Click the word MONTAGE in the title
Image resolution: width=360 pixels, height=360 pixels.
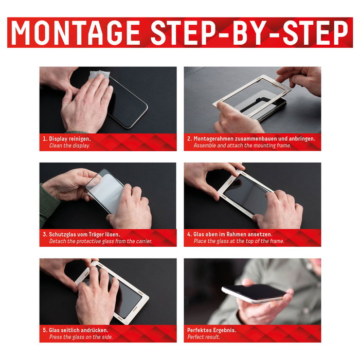76,33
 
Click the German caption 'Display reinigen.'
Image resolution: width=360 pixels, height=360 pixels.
69,139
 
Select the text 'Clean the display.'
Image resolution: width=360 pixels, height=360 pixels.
69,146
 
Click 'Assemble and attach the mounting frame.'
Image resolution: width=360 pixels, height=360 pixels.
242,146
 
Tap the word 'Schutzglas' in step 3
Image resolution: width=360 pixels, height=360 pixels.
63,235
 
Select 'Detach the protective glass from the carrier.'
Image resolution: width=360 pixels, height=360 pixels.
101,241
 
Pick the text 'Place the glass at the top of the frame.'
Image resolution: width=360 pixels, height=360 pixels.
239,241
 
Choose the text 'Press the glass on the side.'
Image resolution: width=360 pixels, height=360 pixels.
81,337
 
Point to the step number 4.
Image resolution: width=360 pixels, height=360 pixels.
189,235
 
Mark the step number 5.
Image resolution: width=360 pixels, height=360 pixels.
44,330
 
